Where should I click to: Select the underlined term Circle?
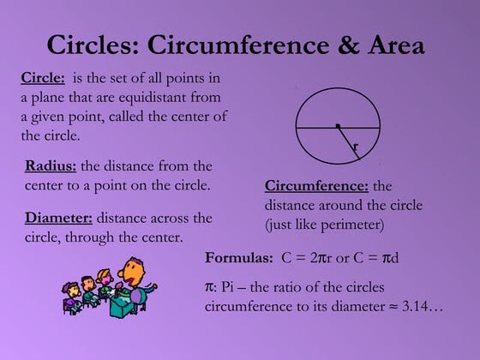(42, 79)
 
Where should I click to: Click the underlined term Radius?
(51, 165)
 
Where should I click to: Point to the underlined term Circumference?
(316, 186)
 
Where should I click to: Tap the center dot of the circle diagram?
(338, 127)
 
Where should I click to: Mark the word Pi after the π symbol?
(229, 286)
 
